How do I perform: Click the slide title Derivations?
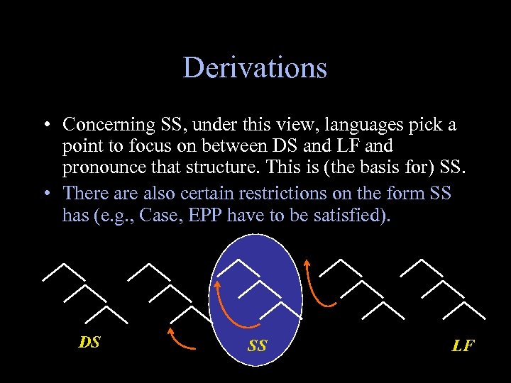pyautogui.click(x=255, y=68)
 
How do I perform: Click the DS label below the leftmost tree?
pyautogui.click(x=89, y=343)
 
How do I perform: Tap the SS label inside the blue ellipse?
pyautogui.click(x=257, y=346)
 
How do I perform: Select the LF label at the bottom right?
pyautogui.click(x=463, y=346)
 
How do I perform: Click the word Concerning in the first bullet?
pyautogui.click(x=108, y=125)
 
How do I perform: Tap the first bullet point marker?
pyautogui.click(x=45, y=126)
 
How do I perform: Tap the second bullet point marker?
pyautogui.click(x=45, y=194)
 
